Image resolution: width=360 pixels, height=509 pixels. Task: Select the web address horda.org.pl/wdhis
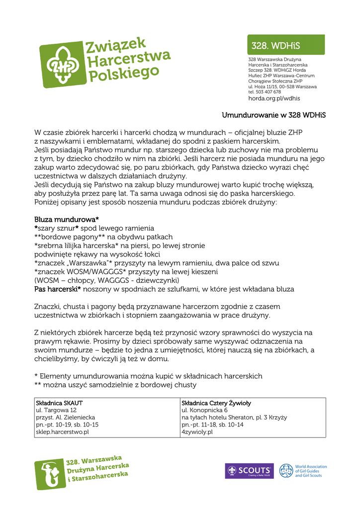274,98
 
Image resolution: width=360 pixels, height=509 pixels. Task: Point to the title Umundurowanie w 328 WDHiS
273,116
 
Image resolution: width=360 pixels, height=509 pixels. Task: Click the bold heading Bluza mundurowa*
67,219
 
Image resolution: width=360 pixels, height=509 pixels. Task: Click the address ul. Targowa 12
56,410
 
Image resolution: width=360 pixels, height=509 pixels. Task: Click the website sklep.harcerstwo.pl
62,432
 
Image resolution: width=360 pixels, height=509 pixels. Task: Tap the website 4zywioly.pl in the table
197,432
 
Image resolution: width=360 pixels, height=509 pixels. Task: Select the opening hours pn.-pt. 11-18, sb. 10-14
213,424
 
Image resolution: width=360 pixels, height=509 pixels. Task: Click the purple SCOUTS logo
249,471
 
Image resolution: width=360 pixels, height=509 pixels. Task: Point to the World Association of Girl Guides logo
303,471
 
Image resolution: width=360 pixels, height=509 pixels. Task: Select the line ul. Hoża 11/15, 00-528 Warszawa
282,86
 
